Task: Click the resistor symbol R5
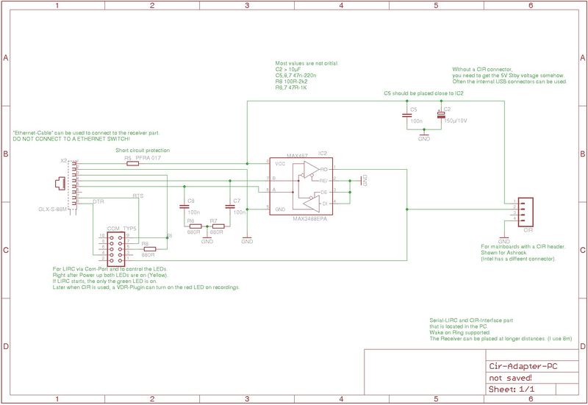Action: coord(132,164)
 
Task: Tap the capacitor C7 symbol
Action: coord(229,208)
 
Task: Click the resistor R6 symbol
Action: coord(195,226)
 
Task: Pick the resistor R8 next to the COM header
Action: coord(149,249)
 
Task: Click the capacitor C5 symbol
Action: coord(406,115)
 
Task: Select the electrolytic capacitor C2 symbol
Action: coord(441,115)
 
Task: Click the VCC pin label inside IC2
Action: coord(280,163)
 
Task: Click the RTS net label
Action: coord(137,196)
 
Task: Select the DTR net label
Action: coord(98,201)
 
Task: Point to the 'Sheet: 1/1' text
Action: coord(512,388)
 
